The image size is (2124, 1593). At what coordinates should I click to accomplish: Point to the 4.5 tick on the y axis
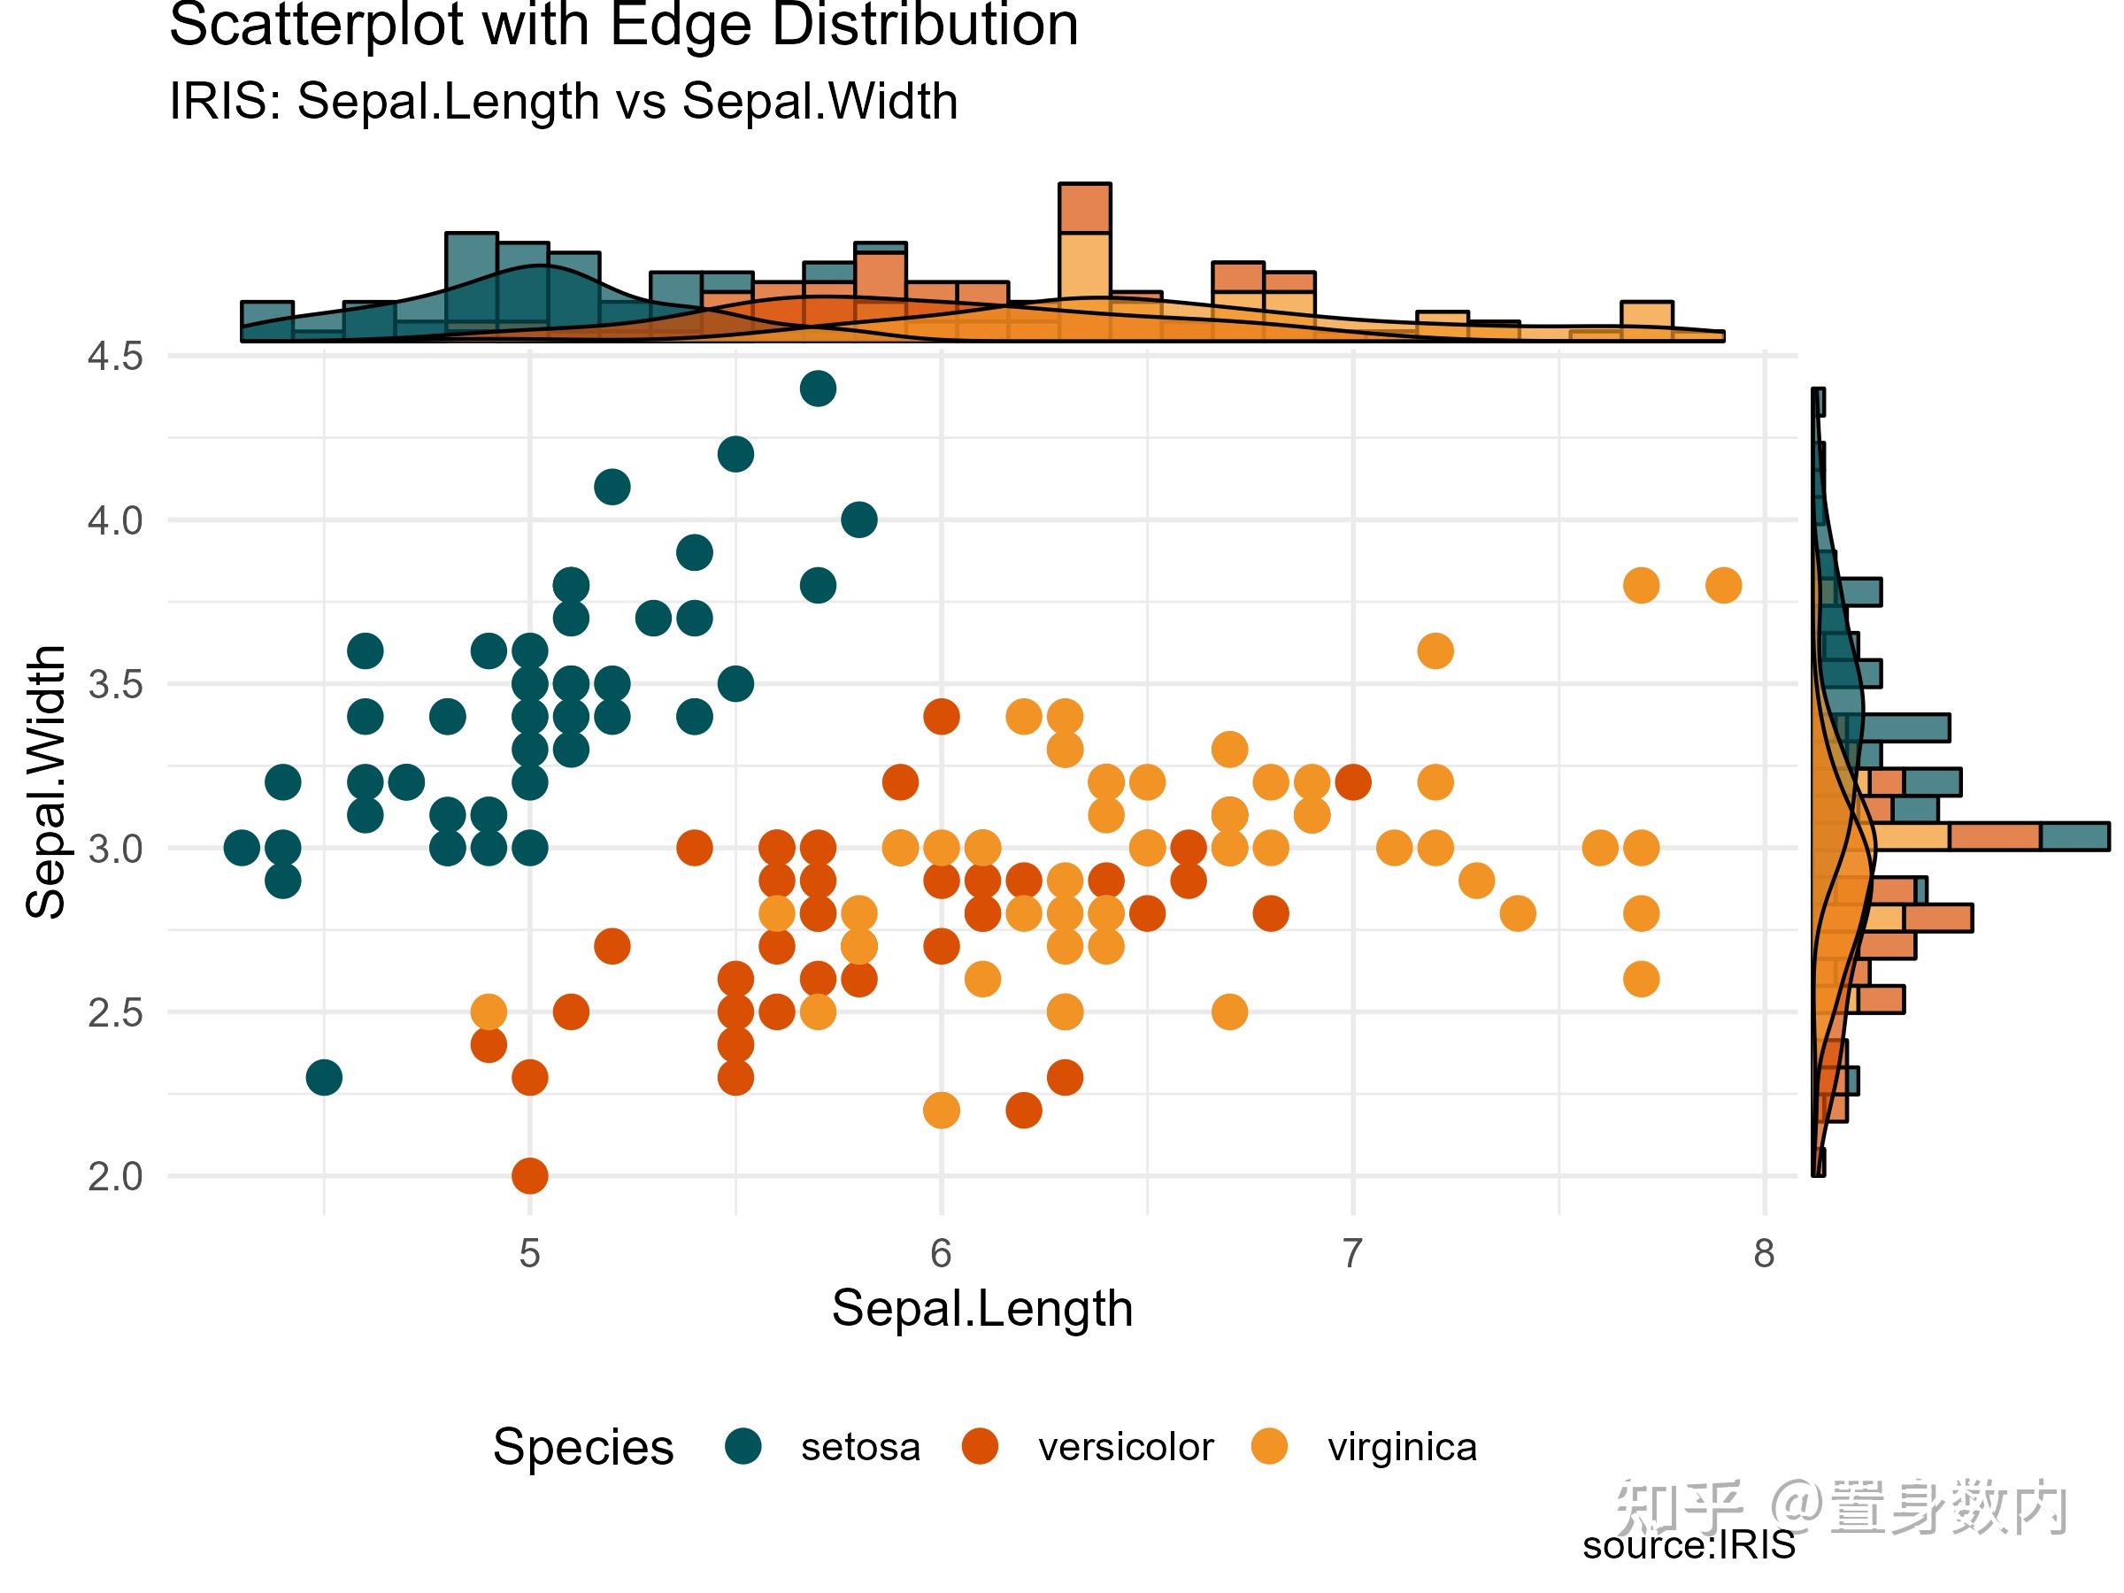pyautogui.click(x=114, y=357)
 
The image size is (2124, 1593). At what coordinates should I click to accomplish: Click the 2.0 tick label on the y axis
pyautogui.click(x=114, y=1176)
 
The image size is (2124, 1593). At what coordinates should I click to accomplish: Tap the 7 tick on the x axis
pyautogui.click(x=1352, y=1253)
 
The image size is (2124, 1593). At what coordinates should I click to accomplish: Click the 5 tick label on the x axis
pyautogui.click(x=529, y=1253)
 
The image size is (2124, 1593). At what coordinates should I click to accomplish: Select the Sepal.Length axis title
pyautogui.click(x=981, y=1308)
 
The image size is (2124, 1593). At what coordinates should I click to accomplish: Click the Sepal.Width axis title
pyautogui.click(x=45, y=782)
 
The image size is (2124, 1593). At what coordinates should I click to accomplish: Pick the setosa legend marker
pyautogui.click(x=743, y=1446)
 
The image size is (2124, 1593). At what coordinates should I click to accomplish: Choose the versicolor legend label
pyautogui.click(x=1125, y=1447)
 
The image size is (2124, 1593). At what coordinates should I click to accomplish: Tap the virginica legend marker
pyautogui.click(x=1269, y=1446)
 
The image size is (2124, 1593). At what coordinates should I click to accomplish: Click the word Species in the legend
pyautogui.click(x=583, y=1447)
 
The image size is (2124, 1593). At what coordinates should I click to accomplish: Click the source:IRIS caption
pyautogui.click(x=1688, y=1545)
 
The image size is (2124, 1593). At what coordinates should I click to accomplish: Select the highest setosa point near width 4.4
pyautogui.click(x=817, y=389)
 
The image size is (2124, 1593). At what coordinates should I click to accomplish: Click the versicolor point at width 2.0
pyautogui.click(x=530, y=1175)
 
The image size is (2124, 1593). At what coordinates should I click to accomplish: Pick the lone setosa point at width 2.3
pyautogui.click(x=324, y=1077)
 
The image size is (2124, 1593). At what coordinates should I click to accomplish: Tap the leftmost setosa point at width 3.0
pyautogui.click(x=241, y=848)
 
